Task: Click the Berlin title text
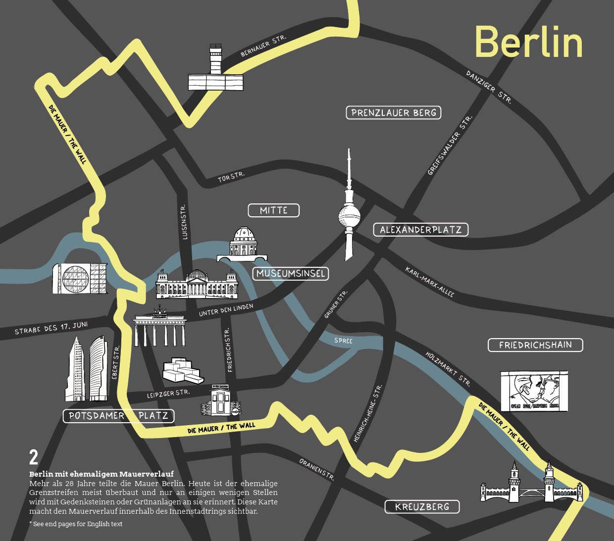click(528, 42)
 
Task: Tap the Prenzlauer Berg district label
click(393, 113)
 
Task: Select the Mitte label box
click(274, 210)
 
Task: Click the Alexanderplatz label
click(420, 230)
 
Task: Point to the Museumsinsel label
click(291, 273)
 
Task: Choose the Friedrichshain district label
click(535, 345)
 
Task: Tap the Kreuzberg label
click(422, 507)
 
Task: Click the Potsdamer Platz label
click(119, 416)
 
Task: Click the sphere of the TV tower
click(349, 216)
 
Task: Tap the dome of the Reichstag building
click(197, 275)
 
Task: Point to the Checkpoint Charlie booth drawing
click(220, 401)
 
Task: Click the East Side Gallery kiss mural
click(534, 391)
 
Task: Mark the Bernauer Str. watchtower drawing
click(216, 69)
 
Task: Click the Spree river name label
click(343, 341)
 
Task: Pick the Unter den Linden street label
click(226, 310)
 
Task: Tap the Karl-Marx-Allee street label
click(429, 282)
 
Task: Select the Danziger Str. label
click(488, 87)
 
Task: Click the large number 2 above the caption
click(34, 457)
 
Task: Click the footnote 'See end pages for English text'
click(76, 524)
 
